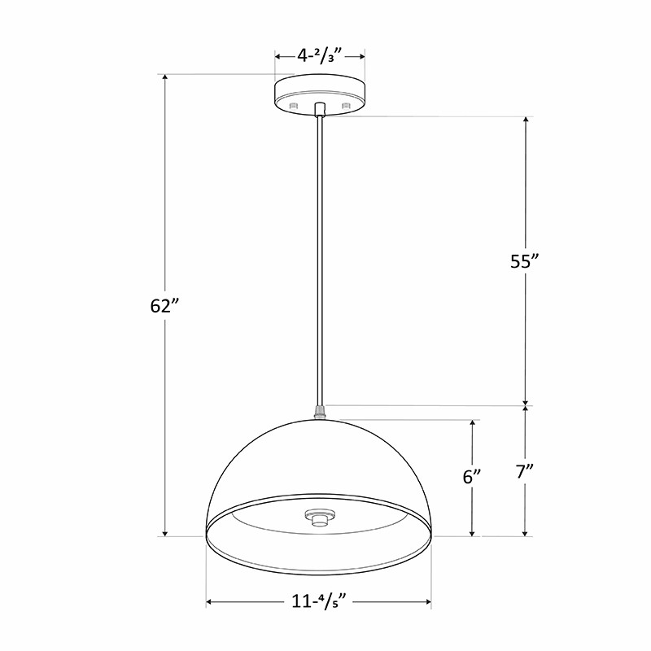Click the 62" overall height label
[x=164, y=306]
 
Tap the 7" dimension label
[x=525, y=473]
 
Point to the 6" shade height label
[x=472, y=477]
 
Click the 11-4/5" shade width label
[x=319, y=603]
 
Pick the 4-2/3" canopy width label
[x=319, y=56]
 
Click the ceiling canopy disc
[x=320, y=91]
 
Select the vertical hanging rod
[x=320, y=260]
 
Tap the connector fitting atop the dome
[x=320, y=412]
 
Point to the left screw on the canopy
[x=295, y=107]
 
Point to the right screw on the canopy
[x=346, y=107]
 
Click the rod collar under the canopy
[x=320, y=109]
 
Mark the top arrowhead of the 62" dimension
[x=165, y=79]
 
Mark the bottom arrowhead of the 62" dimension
[x=165, y=532]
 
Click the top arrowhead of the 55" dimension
[x=526, y=121]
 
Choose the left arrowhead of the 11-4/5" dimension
[x=211, y=603]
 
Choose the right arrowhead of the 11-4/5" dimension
[x=427, y=603]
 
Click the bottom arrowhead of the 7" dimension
[x=526, y=532]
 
